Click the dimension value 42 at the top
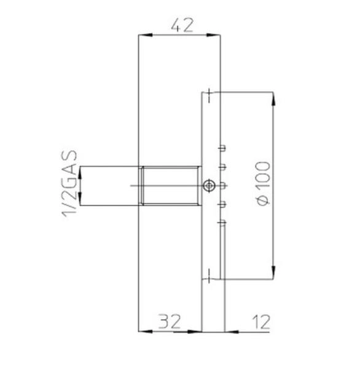tap(179, 25)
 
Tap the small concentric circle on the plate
tap(210, 185)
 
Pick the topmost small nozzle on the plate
tap(222, 148)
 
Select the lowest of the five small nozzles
tap(222, 224)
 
